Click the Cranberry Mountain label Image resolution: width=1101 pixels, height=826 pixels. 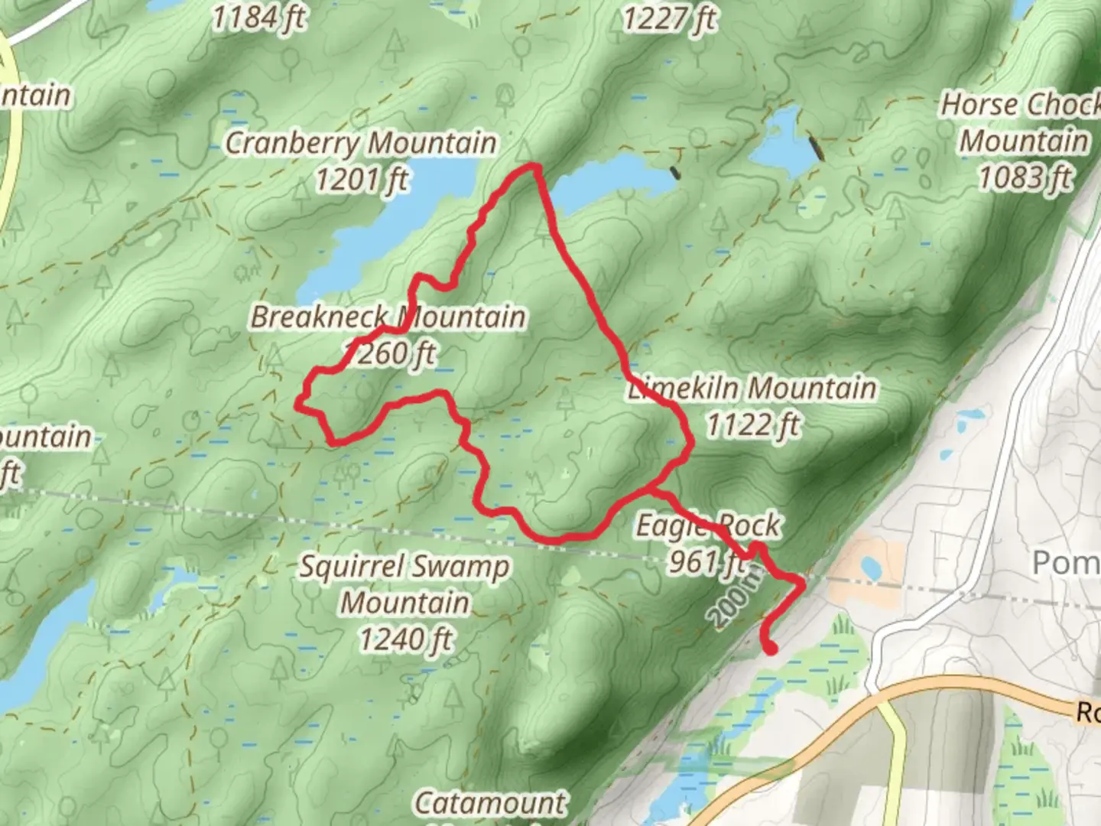click(360, 143)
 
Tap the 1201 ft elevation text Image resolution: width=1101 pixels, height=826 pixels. click(362, 180)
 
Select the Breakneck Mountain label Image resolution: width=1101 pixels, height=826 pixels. click(388, 317)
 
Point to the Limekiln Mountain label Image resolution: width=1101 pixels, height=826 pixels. click(753, 388)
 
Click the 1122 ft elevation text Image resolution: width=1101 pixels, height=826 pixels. click(752, 424)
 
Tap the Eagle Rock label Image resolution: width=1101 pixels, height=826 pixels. click(708, 526)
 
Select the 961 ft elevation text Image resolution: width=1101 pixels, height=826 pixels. click(705, 562)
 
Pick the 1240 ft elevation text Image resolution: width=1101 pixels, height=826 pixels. click(405, 639)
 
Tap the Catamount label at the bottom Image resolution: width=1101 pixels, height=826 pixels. click(490, 803)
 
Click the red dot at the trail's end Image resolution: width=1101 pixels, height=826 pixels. click(771, 649)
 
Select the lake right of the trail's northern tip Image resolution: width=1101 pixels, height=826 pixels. click(608, 183)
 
